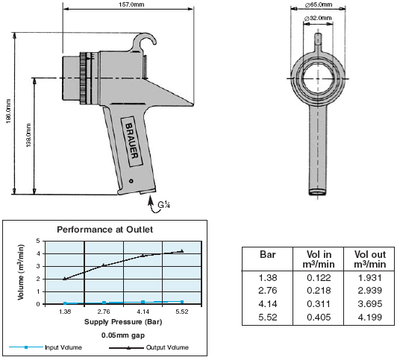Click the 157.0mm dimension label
tap(131, 4)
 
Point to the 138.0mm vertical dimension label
tap(28, 135)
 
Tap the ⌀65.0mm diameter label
tap(319, 4)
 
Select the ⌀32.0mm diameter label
tap(318, 18)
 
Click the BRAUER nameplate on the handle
tap(131, 142)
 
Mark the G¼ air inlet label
tap(163, 204)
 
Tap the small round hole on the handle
tap(131, 181)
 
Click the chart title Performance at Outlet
tap(104, 230)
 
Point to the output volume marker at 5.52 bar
tap(182, 250)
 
